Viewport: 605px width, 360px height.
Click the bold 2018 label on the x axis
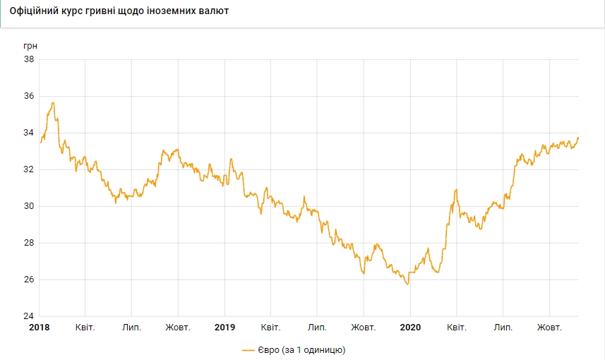point(40,328)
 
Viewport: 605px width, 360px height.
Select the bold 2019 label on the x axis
point(225,328)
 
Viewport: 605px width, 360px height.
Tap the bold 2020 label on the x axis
point(410,328)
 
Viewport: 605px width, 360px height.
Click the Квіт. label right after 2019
point(271,328)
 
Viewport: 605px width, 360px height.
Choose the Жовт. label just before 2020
point(364,328)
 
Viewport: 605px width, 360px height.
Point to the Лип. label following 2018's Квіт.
point(132,328)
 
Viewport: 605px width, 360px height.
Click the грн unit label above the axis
point(30,46)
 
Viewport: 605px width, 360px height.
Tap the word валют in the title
point(213,12)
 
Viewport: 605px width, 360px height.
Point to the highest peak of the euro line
point(52,103)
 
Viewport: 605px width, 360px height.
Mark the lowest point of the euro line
point(408,284)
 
